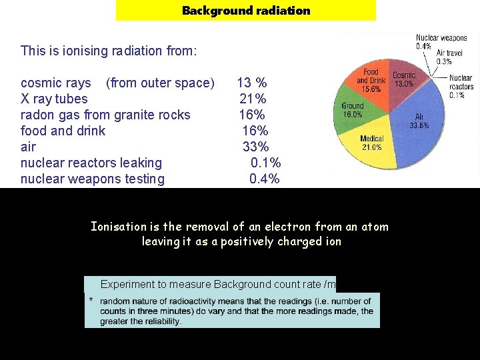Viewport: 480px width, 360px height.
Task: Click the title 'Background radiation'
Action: pos(246,11)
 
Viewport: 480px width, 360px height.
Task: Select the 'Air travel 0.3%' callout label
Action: pos(453,57)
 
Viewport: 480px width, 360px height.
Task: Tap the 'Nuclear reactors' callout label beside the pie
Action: pos(461,86)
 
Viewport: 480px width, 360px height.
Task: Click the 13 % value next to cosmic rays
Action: pos(252,83)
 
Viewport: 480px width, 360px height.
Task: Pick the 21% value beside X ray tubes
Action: pos(253,99)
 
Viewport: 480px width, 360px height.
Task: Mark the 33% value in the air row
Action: pos(255,147)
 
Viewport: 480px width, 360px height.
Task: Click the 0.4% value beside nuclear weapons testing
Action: pos(264,179)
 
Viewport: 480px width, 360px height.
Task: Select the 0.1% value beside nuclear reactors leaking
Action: pos(265,163)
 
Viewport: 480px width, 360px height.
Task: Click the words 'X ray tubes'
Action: pos(54,99)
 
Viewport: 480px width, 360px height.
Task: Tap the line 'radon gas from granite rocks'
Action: pos(105,115)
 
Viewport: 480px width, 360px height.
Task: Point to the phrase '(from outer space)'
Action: pos(160,83)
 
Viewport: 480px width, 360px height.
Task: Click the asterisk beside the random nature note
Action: pos(91,300)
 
